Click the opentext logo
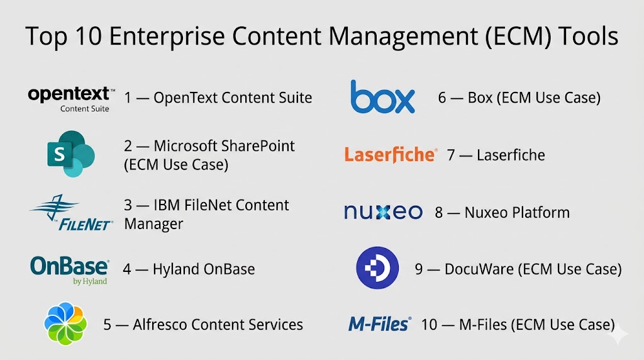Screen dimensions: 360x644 coord(71,98)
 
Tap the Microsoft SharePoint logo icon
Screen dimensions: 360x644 coord(70,154)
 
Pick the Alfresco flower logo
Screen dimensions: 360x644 coord(65,324)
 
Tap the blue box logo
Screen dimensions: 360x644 coord(382,97)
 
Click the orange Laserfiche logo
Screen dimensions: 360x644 coord(390,155)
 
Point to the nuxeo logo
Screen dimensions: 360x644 coord(383,212)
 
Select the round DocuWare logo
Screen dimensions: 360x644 coord(377,269)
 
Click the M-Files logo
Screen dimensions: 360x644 coord(379,324)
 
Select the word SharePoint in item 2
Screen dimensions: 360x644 coord(258,146)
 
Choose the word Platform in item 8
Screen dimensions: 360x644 coord(540,213)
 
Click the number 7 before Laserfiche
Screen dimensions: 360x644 coord(451,155)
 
